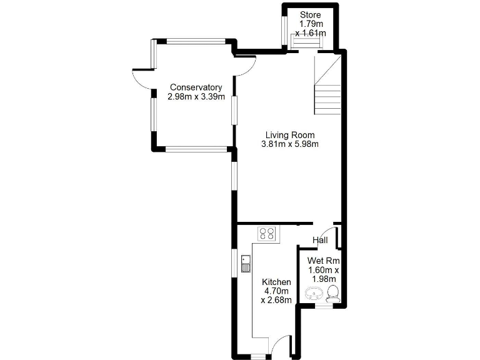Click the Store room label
(310, 14)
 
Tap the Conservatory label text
(196, 87)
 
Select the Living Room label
(289, 135)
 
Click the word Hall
(320, 241)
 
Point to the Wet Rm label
(322, 261)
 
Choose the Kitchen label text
(276, 282)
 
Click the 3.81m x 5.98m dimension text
(289, 144)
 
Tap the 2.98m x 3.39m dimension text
(196, 97)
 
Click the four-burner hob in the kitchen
(267, 234)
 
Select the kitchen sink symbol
(246, 264)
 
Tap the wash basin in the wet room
(313, 294)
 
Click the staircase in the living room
(327, 86)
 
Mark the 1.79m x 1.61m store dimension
(310, 28)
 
